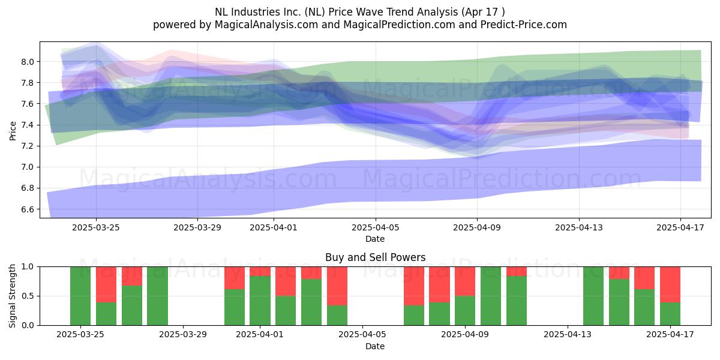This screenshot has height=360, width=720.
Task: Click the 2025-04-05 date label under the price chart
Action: (x=375, y=227)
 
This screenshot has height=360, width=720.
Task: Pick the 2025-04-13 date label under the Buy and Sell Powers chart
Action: (x=568, y=334)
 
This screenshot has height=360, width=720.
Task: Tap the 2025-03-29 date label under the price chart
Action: (x=197, y=227)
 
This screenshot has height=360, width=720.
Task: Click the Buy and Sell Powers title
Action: (x=375, y=257)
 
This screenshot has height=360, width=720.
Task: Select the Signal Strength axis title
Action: (x=12, y=296)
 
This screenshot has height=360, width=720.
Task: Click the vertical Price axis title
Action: (x=13, y=131)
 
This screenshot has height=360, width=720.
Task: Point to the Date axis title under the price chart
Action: (x=375, y=239)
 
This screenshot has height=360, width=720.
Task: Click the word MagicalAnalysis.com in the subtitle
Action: (x=266, y=25)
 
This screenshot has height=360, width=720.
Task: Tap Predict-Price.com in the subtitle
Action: (x=524, y=25)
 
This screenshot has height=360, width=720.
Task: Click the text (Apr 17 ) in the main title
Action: (x=483, y=12)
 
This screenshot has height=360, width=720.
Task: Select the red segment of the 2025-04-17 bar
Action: (x=670, y=285)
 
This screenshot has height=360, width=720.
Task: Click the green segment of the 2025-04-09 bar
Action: (x=465, y=311)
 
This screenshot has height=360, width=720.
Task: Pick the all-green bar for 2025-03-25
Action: (x=80, y=296)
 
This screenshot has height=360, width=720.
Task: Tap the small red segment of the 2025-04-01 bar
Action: (x=260, y=272)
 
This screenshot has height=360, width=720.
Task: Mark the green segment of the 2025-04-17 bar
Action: (x=670, y=314)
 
